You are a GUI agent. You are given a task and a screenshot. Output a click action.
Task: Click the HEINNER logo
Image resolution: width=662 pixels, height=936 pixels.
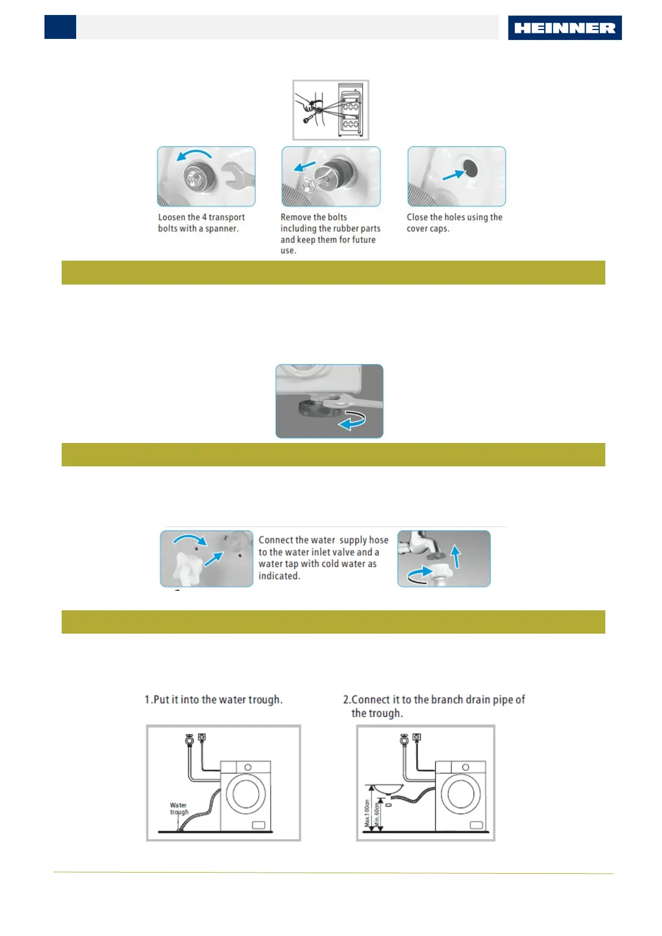click(x=564, y=28)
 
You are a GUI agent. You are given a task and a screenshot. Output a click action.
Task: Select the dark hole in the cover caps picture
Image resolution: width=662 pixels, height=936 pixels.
click(x=470, y=168)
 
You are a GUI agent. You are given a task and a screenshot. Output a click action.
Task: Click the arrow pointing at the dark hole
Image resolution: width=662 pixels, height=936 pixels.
click(x=452, y=175)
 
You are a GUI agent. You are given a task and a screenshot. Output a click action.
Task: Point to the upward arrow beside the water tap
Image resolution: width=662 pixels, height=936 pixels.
click(x=456, y=556)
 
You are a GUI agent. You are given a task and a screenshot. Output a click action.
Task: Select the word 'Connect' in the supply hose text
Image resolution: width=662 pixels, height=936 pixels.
click(x=276, y=540)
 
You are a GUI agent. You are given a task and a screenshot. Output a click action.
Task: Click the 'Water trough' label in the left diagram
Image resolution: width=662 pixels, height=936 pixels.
click(x=179, y=809)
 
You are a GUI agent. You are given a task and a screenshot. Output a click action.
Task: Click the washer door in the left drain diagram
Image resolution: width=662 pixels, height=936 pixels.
click(x=245, y=794)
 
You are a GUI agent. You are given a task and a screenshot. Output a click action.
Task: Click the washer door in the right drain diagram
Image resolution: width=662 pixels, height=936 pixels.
click(x=460, y=794)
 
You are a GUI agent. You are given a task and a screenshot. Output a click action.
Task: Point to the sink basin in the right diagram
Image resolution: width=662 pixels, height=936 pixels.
click(x=389, y=788)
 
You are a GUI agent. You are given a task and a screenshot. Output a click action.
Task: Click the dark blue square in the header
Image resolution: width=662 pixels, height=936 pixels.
click(x=60, y=27)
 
